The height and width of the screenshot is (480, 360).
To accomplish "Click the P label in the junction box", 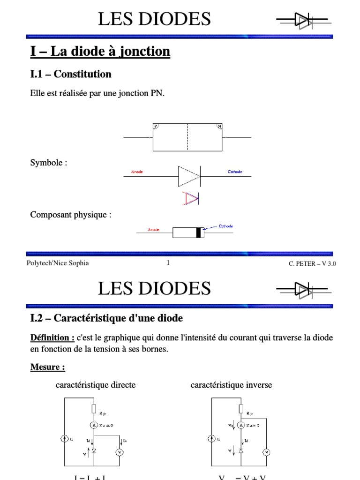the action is click(x=156, y=126).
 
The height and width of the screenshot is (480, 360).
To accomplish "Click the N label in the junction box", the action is click(x=219, y=126).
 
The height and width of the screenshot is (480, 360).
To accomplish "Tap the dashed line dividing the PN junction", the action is click(x=187, y=137).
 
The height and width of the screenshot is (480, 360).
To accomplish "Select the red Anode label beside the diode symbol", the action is click(x=137, y=172).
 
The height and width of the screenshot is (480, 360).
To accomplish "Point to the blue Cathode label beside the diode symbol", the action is click(x=235, y=172).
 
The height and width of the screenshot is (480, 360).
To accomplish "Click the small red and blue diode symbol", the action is click(x=190, y=199).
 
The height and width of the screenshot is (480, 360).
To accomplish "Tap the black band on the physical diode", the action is click(x=199, y=232).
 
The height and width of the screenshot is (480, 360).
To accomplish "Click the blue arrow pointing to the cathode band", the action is click(x=210, y=228).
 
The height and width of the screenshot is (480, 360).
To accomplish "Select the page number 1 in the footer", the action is click(x=168, y=263).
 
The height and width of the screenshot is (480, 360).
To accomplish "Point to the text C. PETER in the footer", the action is click(x=302, y=263).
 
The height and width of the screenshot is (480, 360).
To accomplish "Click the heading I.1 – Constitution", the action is click(x=71, y=74).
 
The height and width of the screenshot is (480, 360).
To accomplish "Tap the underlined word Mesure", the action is click(x=47, y=367).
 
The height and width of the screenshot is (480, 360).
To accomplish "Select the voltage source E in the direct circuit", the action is click(x=64, y=439).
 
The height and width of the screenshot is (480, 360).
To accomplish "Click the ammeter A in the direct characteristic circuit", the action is click(x=94, y=425).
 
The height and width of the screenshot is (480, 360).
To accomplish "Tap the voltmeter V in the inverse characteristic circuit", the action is click(x=266, y=452).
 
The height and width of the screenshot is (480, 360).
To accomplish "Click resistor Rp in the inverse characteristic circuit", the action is click(x=241, y=409).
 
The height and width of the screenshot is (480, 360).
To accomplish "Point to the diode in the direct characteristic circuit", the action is click(x=94, y=451).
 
